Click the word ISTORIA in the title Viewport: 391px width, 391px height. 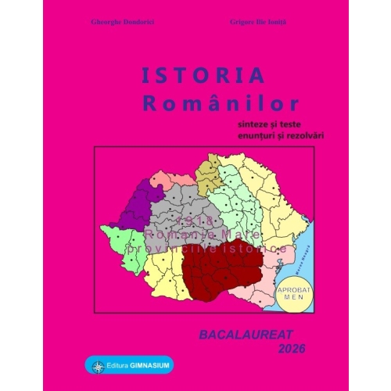[182, 75]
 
